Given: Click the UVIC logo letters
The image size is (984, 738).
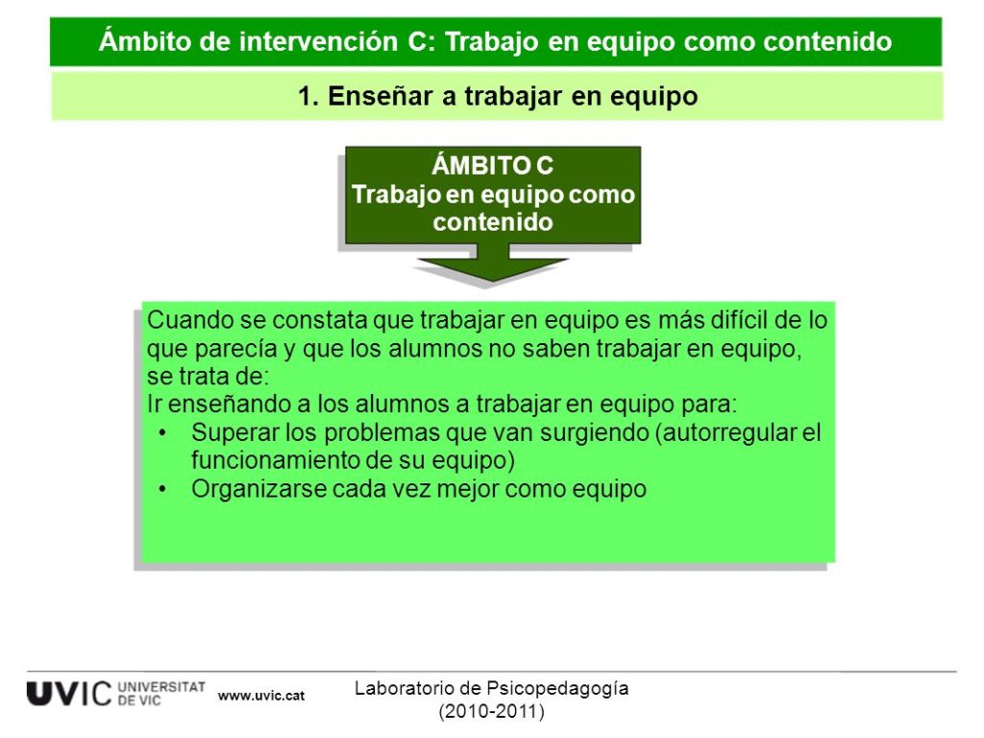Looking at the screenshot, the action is click(x=69, y=694).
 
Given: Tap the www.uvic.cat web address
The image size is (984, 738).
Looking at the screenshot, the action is click(x=261, y=696).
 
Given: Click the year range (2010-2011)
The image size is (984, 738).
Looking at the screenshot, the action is click(x=491, y=712).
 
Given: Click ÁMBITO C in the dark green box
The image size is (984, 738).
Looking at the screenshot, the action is click(x=493, y=165).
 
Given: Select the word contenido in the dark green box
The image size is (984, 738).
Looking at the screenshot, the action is click(x=493, y=222).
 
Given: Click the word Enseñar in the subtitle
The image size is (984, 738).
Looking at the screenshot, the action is click(x=381, y=96).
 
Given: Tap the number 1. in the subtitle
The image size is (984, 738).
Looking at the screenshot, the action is click(x=308, y=97).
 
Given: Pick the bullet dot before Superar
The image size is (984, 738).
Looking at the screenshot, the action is click(x=163, y=433).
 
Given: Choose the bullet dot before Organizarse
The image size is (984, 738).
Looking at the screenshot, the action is click(x=163, y=489).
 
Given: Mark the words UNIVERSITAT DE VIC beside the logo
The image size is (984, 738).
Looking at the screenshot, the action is click(x=161, y=694).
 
